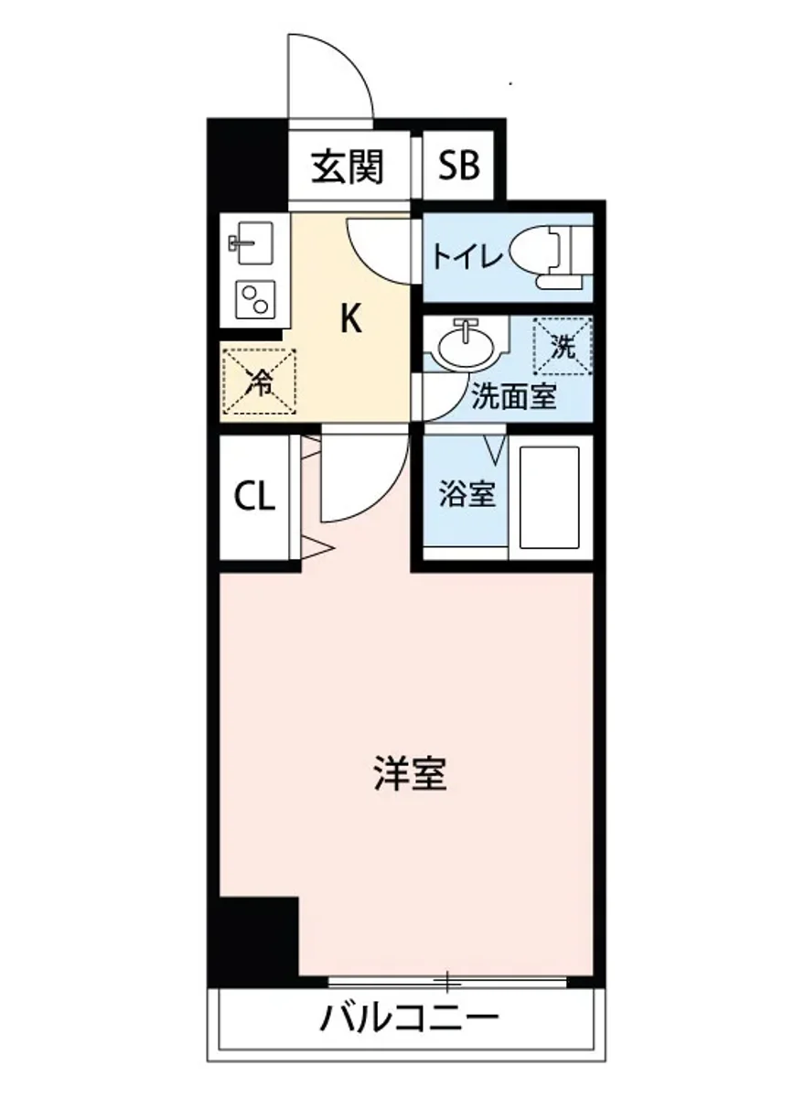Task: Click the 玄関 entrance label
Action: (347, 167)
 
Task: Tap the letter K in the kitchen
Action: (351, 319)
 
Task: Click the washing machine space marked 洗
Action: (563, 346)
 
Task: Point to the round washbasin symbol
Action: (467, 345)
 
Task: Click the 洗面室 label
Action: (514, 397)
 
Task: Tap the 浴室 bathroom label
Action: (467, 495)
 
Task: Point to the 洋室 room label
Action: (410, 773)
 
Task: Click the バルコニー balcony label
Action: (409, 1017)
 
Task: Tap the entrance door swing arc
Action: (329, 78)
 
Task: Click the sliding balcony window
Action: (447, 982)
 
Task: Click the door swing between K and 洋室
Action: (361, 480)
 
